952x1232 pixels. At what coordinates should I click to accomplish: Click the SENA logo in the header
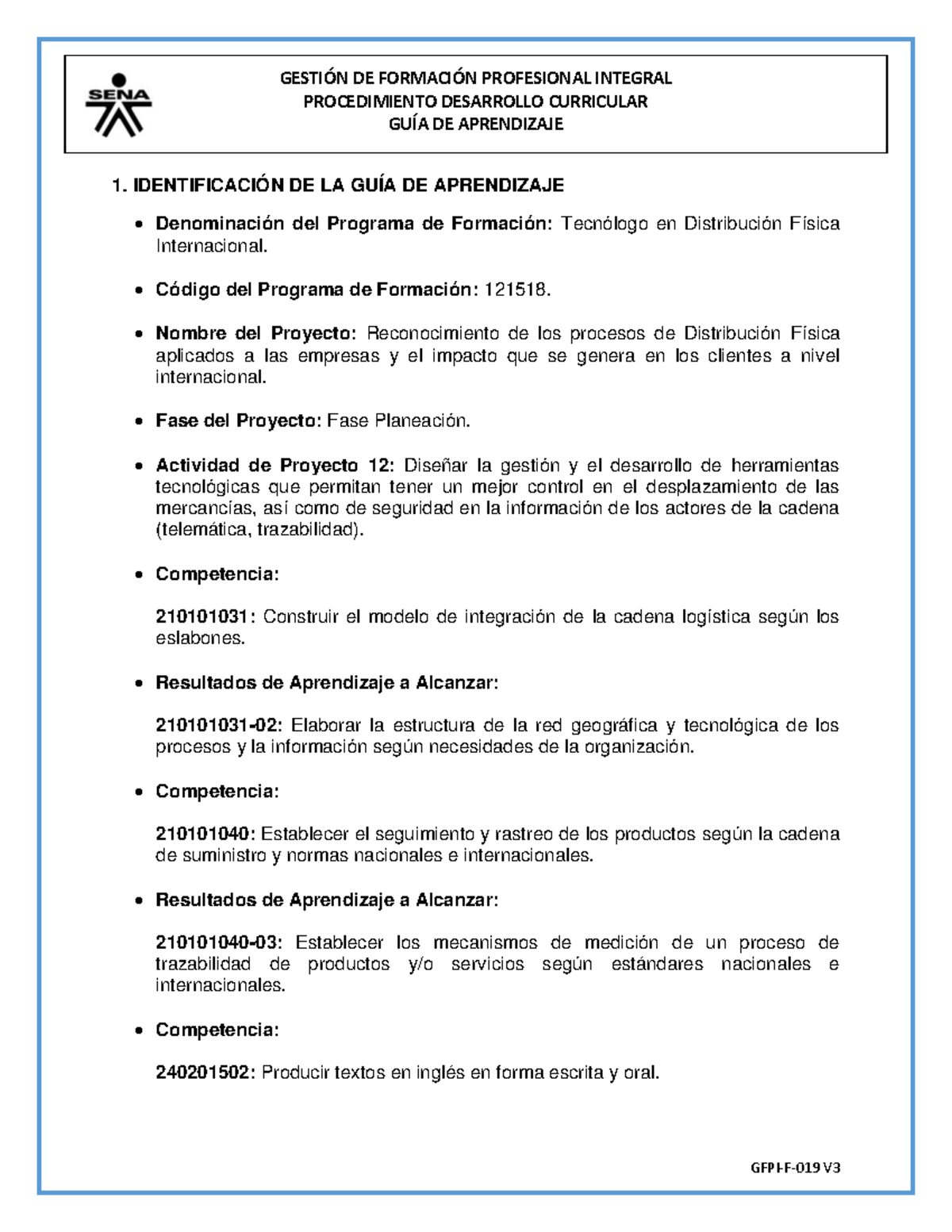[x=118, y=103]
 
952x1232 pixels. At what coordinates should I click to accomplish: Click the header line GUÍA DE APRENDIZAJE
[x=476, y=125]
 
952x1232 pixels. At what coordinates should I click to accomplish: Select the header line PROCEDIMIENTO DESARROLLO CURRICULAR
[x=476, y=102]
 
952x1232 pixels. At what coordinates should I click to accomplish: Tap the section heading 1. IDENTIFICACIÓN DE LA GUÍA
[x=338, y=186]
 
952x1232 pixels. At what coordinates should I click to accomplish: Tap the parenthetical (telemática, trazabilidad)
[x=260, y=530]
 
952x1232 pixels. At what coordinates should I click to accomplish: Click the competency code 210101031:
[x=206, y=617]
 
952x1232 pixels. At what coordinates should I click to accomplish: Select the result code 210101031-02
[x=219, y=726]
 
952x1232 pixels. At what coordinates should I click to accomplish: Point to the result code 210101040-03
[x=219, y=943]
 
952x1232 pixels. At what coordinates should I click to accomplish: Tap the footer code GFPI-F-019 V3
[x=795, y=1168]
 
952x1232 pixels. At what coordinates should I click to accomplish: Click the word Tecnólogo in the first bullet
[x=605, y=225]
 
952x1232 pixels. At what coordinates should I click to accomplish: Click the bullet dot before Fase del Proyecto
[x=139, y=422]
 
